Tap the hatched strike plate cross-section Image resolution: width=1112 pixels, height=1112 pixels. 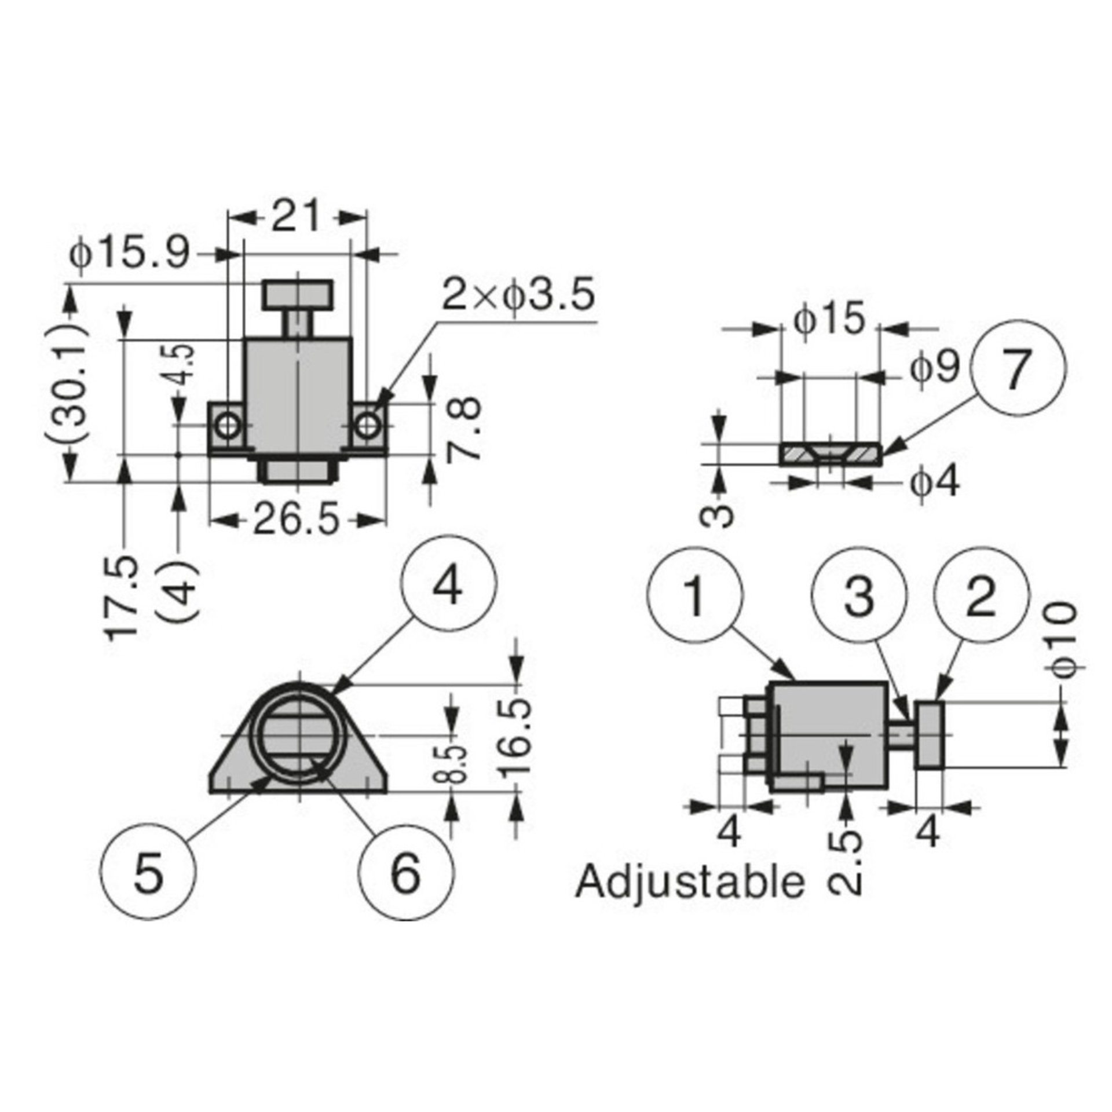pos(830,454)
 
